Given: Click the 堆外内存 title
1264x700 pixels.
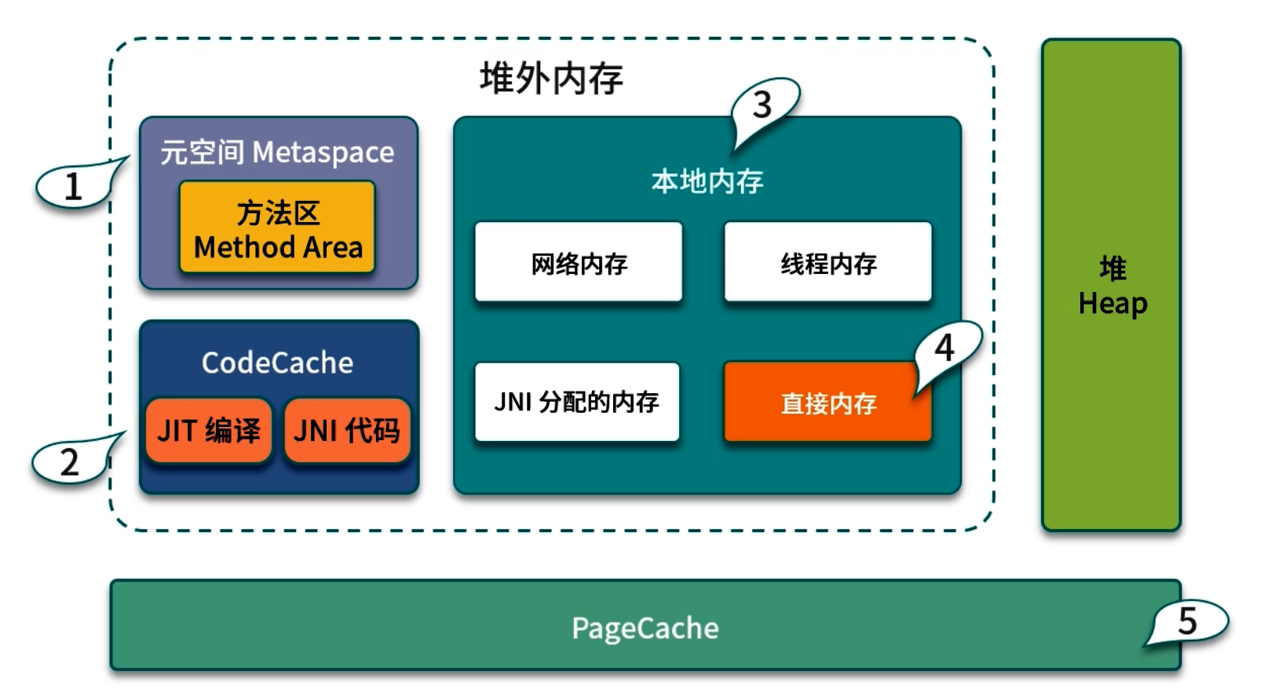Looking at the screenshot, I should click(551, 78).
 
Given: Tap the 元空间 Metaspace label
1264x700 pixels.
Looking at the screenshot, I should click(277, 151).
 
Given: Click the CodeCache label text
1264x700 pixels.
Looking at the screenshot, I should click(277, 363).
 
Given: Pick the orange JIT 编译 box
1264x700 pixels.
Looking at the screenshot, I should click(209, 430).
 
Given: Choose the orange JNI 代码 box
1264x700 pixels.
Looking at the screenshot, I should click(346, 430).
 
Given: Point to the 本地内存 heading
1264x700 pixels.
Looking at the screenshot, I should click(707, 181).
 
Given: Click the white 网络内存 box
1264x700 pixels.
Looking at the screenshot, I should click(579, 262).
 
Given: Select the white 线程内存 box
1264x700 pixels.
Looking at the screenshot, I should click(827, 262).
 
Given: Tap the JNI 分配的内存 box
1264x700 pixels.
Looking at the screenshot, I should click(577, 402).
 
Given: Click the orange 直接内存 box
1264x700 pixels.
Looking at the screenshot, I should click(827, 403).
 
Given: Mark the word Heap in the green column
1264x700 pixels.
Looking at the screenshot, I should click(1112, 304).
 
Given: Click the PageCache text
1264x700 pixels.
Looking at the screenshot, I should click(645, 628).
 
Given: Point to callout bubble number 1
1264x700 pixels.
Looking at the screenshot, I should click(73, 187).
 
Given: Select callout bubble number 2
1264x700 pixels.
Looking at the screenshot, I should click(69, 462).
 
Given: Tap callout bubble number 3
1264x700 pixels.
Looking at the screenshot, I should click(763, 104).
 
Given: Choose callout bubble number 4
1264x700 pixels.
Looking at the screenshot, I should click(945, 347).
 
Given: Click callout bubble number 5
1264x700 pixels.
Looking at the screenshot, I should click(1188, 621).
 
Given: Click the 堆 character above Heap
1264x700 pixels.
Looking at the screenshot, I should click(1112, 268).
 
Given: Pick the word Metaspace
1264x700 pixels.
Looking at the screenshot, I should click(323, 151).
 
